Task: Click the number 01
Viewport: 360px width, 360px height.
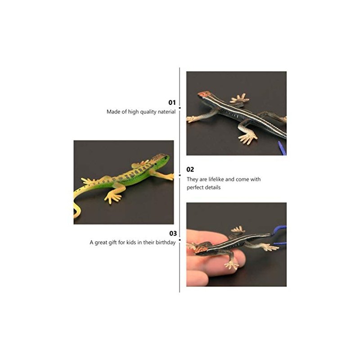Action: click(172, 103)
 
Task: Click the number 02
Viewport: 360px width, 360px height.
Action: click(190, 170)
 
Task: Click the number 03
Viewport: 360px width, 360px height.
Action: click(173, 234)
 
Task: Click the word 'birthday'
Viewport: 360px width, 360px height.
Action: click(166, 243)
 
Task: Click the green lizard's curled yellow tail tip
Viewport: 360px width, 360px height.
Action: click(76, 212)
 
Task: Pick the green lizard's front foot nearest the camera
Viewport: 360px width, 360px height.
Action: click(113, 198)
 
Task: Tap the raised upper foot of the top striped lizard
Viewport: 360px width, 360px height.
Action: click(239, 99)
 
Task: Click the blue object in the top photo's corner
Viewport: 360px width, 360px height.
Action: click(282, 148)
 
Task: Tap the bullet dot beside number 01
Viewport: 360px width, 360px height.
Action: click(180, 108)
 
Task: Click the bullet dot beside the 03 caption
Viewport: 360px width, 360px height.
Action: click(180, 240)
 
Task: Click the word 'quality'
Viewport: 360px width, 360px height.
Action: click(148, 112)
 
